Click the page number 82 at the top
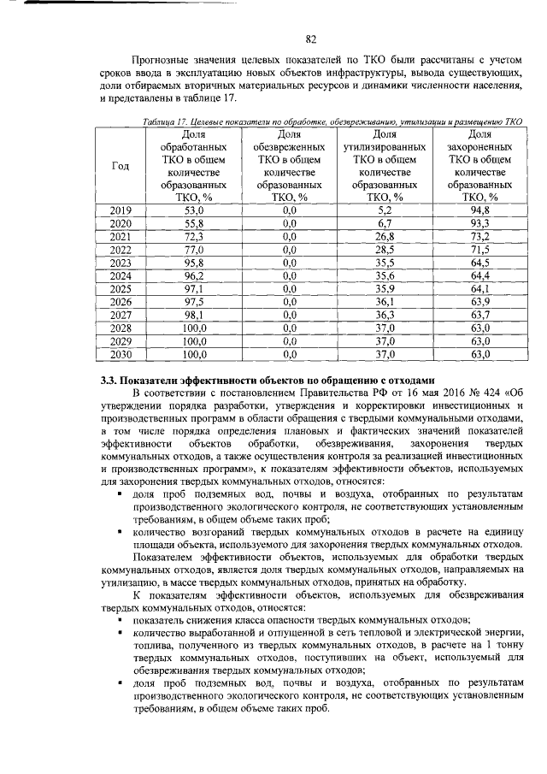pyautogui.click(x=311, y=38)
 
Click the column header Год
pyautogui.click(x=121, y=165)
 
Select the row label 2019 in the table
pyautogui.click(x=121, y=210)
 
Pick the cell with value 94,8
pyautogui.click(x=480, y=210)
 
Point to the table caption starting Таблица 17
pyautogui.click(x=333, y=123)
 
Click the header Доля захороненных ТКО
pyautogui.click(x=480, y=165)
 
